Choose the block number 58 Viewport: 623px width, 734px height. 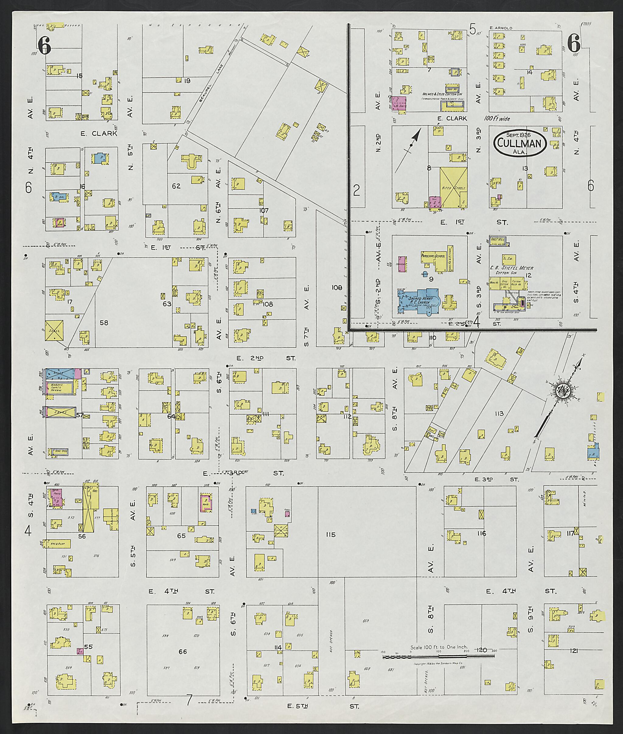click(x=104, y=322)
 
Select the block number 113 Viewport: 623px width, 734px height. click(x=499, y=413)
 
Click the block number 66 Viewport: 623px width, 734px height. click(x=182, y=651)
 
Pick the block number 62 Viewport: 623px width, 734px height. click(x=176, y=186)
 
